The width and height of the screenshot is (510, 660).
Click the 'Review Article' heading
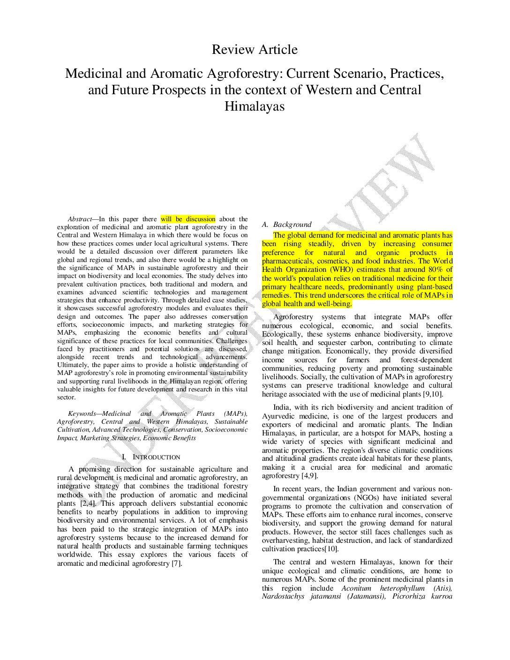click(x=255, y=50)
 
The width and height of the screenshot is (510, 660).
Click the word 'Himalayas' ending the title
click(x=255, y=106)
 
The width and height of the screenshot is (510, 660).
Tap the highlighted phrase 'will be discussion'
click(x=188, y=219)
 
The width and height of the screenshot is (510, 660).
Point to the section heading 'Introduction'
click(x=156, y=457)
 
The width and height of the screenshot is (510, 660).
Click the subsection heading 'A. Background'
click(x=286, y=225)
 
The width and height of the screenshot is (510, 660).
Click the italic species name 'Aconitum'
click(x=356, y=588)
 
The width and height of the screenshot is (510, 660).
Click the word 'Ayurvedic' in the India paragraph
click(x=277, y=416)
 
